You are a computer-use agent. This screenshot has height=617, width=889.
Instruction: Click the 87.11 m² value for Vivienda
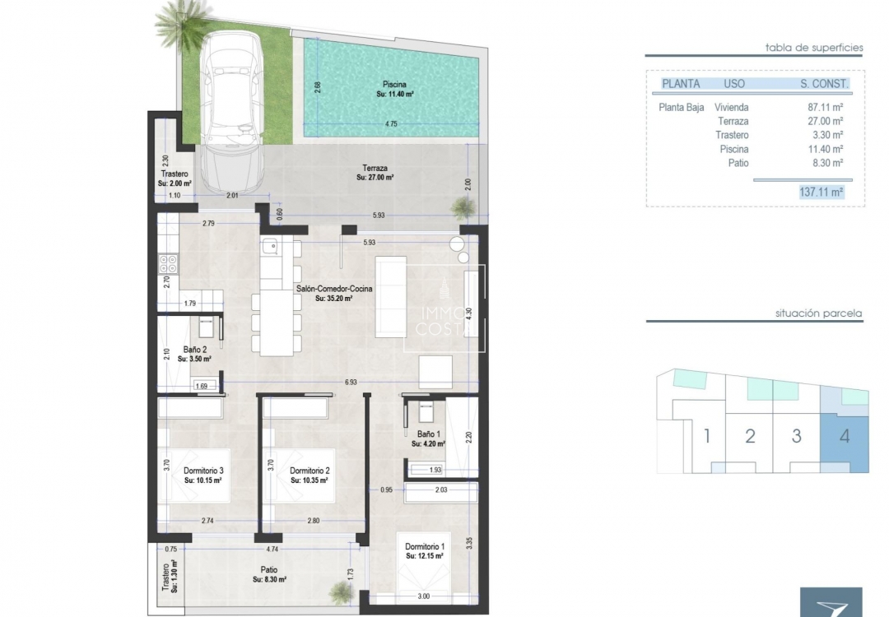coord(826,107)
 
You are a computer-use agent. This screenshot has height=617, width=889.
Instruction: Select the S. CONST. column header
coord(824,83)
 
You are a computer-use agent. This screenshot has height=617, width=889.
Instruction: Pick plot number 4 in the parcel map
coord(845,435)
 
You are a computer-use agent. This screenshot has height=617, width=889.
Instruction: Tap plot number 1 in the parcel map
coord(706,435)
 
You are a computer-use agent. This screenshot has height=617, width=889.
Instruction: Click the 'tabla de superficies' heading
coord(813,48)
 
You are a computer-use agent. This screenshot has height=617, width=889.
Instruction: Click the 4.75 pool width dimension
coord(391,124)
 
